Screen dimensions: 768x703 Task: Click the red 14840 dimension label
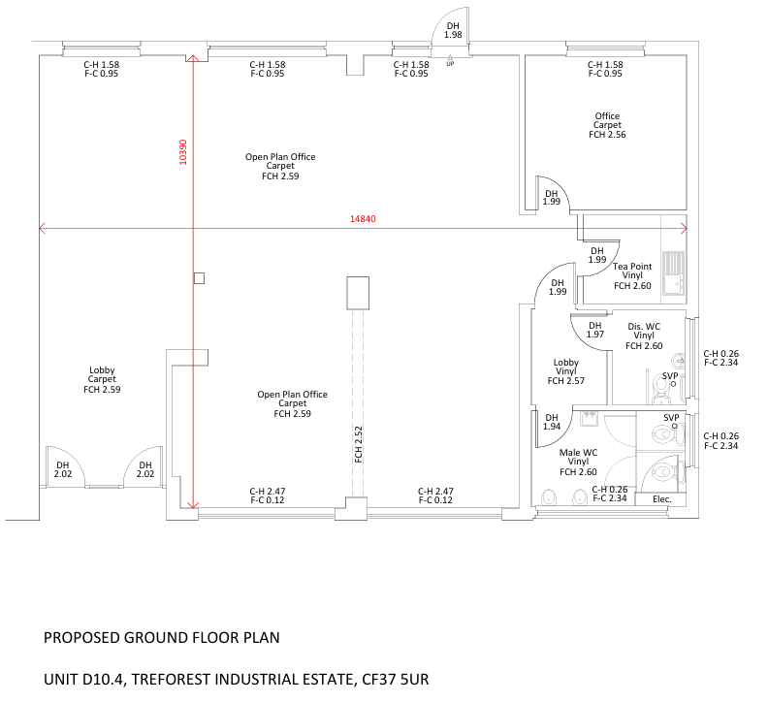(x=363, y=219)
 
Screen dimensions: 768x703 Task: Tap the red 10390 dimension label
(x=183, y=152)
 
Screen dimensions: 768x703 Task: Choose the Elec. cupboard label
(x=661, y=499)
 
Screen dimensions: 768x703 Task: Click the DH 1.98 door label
(x=453, y=30)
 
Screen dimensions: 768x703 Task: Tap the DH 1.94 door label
(x=552, y=422)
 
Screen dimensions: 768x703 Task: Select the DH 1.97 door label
(x=595, y=330)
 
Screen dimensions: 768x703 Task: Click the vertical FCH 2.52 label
(x=359, y=444)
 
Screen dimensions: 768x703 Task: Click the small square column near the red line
(x=199, y=278)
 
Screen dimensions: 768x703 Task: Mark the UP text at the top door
(x=450, y=64)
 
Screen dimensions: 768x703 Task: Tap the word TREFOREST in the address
(x=172, y=680)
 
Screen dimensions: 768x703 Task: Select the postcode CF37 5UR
(x=396, y=680)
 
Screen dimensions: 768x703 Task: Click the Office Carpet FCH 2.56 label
(x=607, y=125)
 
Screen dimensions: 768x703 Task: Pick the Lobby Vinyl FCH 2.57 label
(x=566, y=371)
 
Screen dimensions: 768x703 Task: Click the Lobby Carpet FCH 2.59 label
(x=102, y=380)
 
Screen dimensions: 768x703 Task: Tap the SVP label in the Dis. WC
(x=670, y=376)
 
